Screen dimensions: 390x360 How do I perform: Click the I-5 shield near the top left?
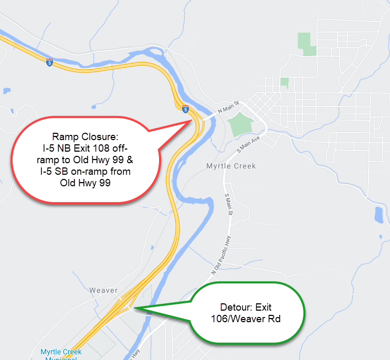click(x=49, y=63)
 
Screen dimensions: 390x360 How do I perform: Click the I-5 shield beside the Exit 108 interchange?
click(x=185, y=110)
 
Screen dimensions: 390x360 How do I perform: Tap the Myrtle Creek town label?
click(x=231, y=166)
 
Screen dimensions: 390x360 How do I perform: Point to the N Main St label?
click(x=228, y=107)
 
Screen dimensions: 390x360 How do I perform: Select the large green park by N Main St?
click(x=241, y=123)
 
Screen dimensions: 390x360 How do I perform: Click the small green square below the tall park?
click(x=284, y=82)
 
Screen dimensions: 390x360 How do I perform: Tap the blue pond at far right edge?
click(x=379, y=214)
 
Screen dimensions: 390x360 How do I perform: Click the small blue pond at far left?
click(x=6, y=91)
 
